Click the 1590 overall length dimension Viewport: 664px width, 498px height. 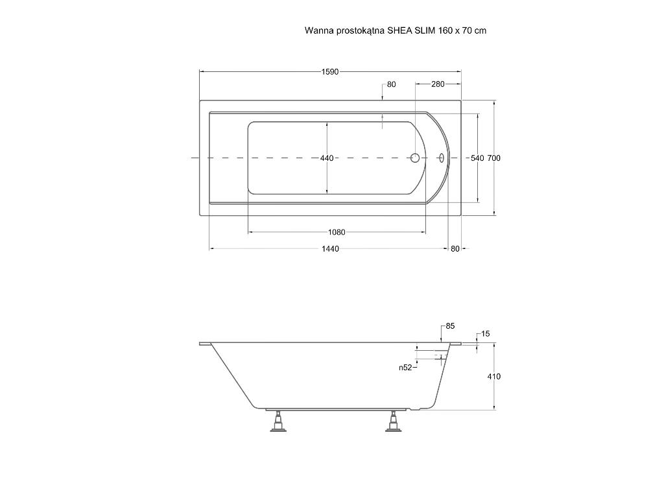[330, 72]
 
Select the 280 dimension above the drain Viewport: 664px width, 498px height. [438, 84]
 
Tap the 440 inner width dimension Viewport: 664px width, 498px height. [327, 158]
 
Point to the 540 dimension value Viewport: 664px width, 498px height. [477, 158]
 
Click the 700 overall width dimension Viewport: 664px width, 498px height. [493, 158]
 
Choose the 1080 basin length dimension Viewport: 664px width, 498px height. [337, 232]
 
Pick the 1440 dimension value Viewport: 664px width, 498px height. [330, 248]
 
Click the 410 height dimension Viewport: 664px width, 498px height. [494, 377]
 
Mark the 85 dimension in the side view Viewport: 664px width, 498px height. [450, 326]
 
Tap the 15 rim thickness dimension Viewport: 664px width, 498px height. [485, 334]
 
